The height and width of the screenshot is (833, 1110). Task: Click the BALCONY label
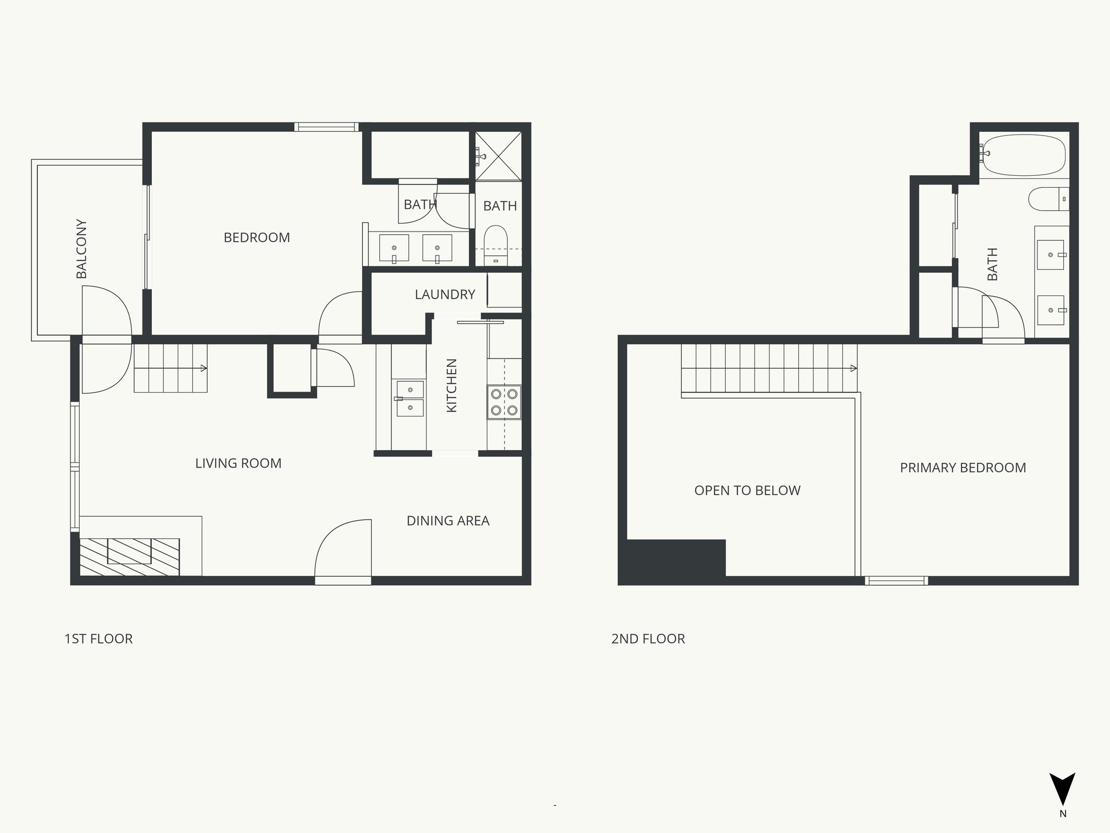click(x=81, y=249)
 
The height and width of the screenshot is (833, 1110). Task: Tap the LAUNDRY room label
click(x=444, y=294)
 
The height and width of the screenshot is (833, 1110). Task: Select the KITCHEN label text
click(x=451, y=386)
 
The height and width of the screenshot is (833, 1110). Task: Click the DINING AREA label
click(x=448, y=521)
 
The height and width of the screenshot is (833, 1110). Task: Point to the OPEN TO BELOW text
click(x=747, y=490)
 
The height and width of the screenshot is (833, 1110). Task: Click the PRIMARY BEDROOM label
click(x=963, y=467)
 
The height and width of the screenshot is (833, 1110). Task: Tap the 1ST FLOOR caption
click(x=98, y=639)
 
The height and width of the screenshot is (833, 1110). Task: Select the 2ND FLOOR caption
click(x=648, y=639)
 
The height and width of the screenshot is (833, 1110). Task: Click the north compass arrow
click(x=1062, y=789)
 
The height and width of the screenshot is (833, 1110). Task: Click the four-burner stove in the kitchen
click(x=504, y=402)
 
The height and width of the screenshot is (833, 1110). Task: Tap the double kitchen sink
click(x=410, y=399)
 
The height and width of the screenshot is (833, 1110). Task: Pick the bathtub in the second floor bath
click(x=1023, y=155)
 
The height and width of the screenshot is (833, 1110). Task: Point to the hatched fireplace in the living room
click(x=130, y=556)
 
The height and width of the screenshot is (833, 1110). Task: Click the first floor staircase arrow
click(x=203, y=368)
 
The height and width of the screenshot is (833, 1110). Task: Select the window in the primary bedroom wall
click(x=896, y=581)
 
